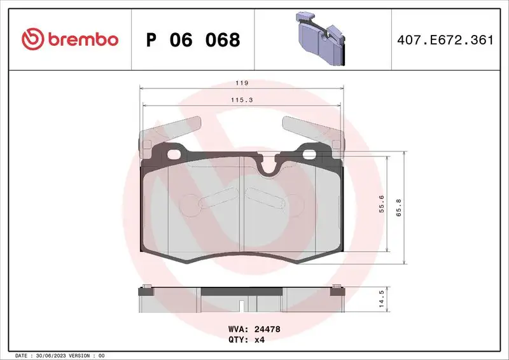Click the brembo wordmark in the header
pyautogui.click(x=81, y=39)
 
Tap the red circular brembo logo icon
pyautogui.click(x=31, y=39)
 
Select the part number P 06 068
pyautogui.click(x=193, y=40)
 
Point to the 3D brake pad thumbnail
pyautogui.click(x=319, y=39)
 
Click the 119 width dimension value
pyautogui.click(x=241, y=83)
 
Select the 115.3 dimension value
pyautogui.click(x=241, y=100)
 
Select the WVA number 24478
pyautogui.click(x=267, y=329)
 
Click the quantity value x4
pyautogui.click(x=259, y=340)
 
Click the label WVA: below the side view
pyautogui.click(x=239, y=329)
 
